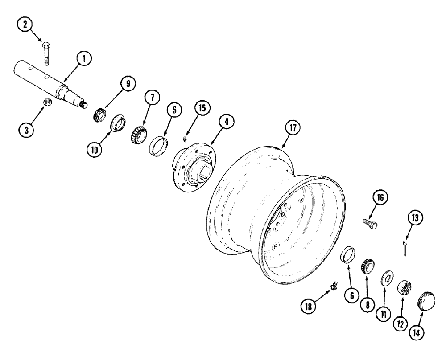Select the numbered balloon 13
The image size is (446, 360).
pos(416,218)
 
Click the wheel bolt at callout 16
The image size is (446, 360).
pos(371,223)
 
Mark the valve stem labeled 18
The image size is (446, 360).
pos(332,287)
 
